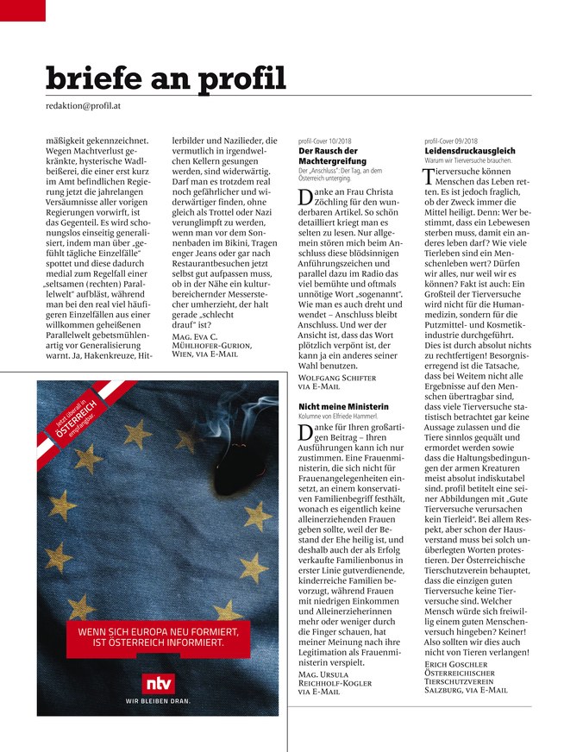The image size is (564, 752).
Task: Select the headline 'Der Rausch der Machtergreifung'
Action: click(327, 156)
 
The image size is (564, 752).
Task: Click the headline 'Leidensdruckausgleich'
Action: click(470, 151)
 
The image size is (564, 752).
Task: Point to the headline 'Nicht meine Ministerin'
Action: click(343, 406)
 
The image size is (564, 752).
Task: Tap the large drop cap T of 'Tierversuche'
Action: click(430, 178)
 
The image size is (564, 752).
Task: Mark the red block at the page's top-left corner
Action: click(22, 9)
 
